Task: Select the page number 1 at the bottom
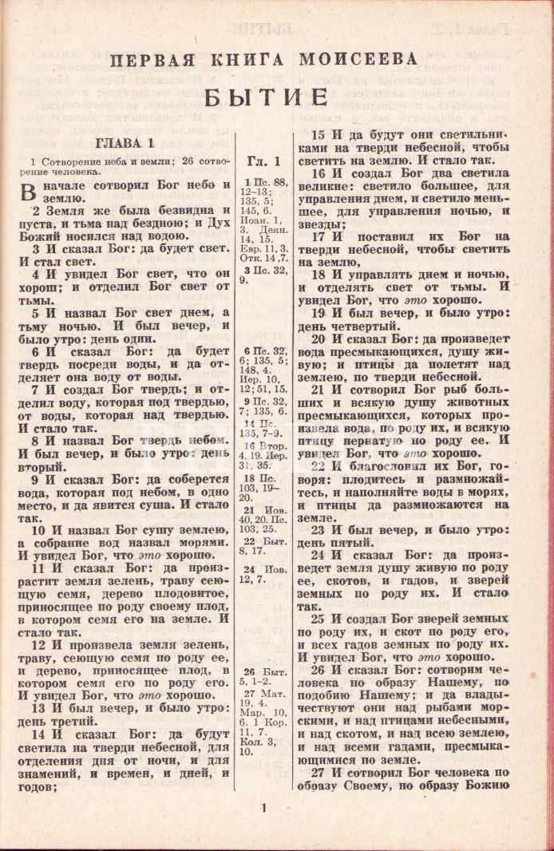263,808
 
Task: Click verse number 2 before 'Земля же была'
36,212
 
